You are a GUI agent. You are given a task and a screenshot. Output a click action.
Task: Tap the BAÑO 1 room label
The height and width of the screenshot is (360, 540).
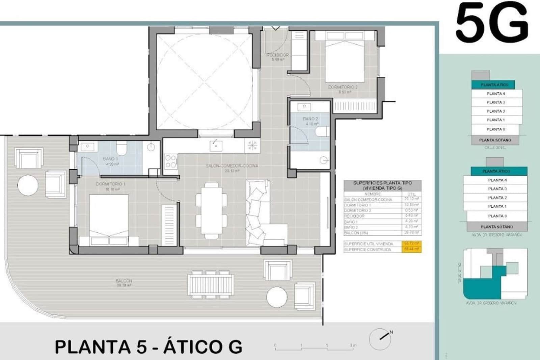tap(111, 159)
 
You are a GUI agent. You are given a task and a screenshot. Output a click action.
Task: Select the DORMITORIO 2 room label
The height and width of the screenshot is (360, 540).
tap(343, 87)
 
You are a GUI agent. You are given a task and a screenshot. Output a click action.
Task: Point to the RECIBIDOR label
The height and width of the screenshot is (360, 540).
tap(277, 55)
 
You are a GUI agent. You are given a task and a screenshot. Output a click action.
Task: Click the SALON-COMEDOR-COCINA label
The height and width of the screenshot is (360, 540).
tap(232, 166)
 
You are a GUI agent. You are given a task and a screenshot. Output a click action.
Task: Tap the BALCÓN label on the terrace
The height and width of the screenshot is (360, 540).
tap(124, 281)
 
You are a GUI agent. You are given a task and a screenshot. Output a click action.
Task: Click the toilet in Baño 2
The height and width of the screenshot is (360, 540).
tap(322, 132)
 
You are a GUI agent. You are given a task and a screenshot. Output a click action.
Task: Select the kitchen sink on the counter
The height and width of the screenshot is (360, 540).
tap(216, 146)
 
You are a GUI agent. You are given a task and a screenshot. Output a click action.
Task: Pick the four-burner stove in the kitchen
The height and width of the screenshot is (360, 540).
tap(171, 161)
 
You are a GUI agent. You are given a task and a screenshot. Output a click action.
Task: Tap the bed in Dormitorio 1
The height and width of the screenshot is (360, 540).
tap(109, 216)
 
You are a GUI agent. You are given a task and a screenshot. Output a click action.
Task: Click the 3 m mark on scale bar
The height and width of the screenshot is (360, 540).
tap(353, 345)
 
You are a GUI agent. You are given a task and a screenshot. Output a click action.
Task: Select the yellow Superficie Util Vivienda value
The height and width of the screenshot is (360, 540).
tap(411, 243)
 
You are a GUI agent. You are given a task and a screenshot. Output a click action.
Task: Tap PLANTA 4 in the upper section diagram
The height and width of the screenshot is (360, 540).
tap(496, 94)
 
